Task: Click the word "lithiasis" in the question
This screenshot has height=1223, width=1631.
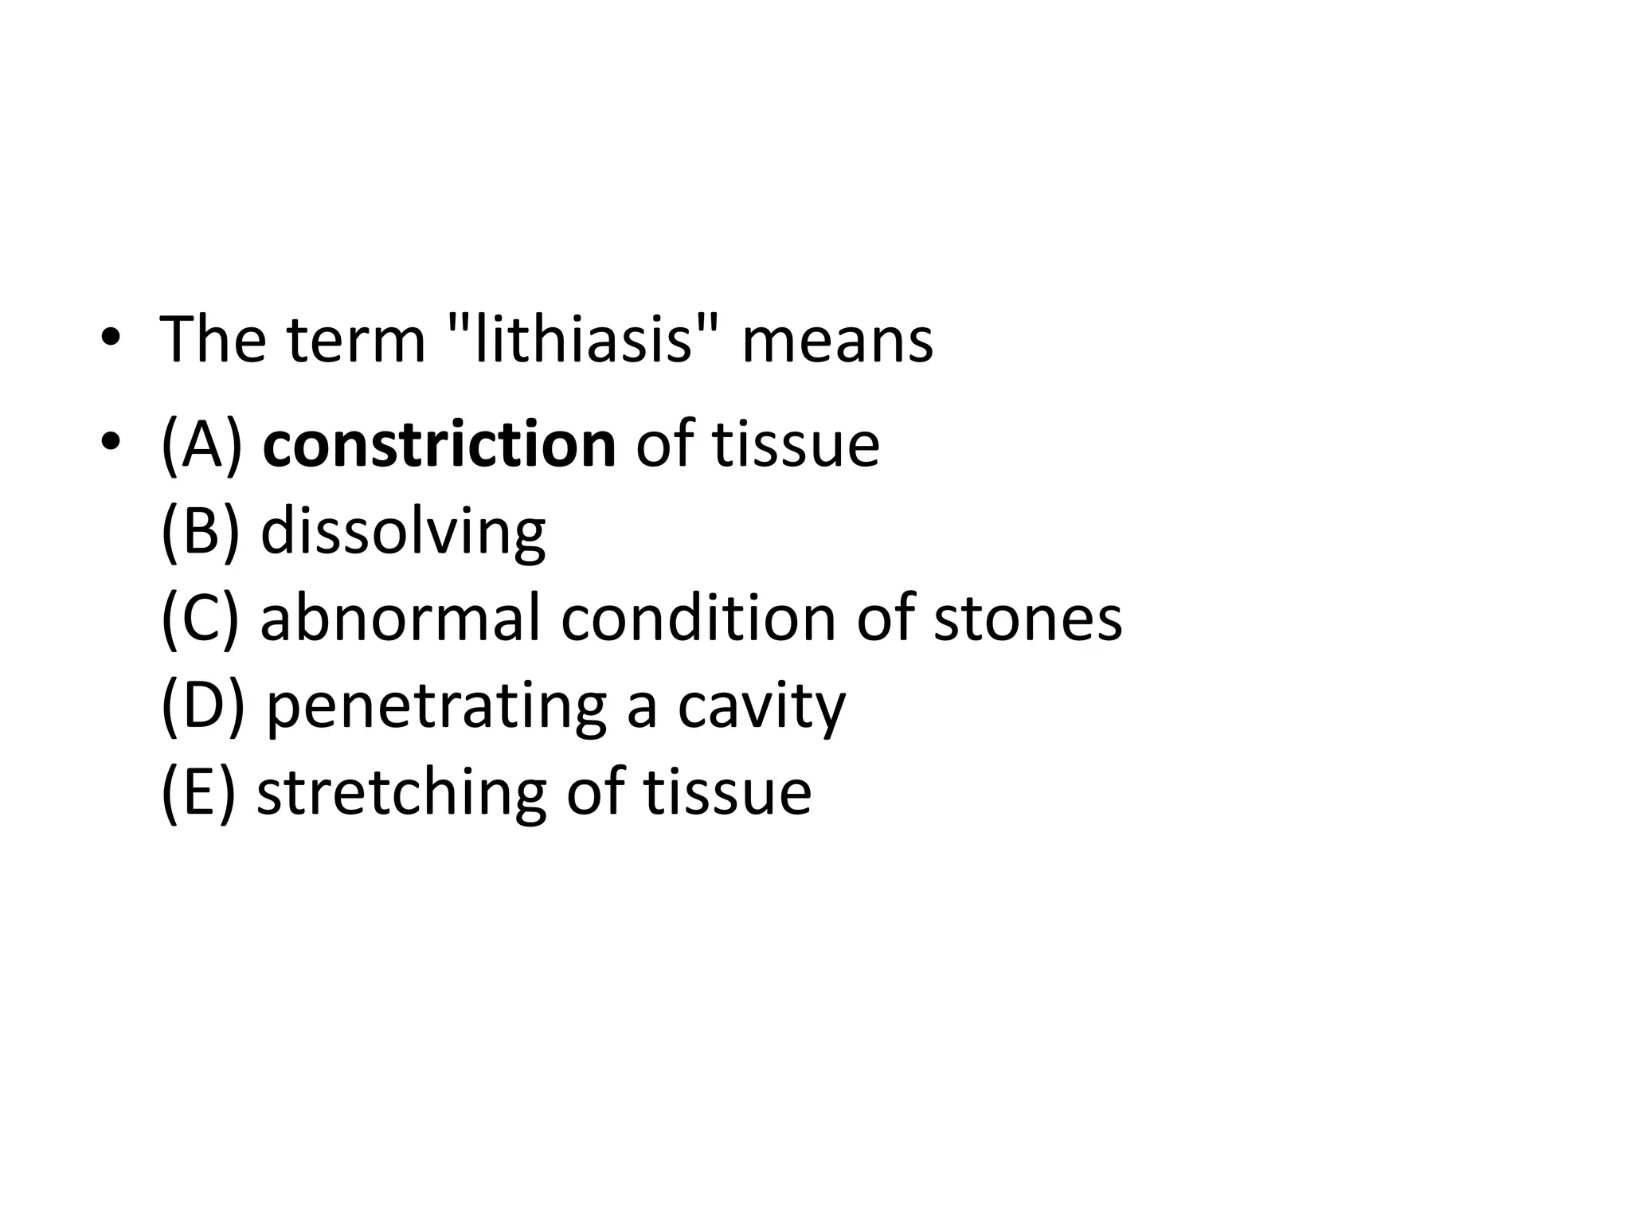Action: [x=583, y=340]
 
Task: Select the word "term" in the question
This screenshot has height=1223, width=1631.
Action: [x=356, y=340]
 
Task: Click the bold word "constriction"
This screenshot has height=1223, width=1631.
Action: [x=439, y=444]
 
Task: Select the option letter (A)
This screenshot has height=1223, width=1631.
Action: [x=201, y=444]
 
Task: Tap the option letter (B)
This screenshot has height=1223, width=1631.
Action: [x=200, y=531]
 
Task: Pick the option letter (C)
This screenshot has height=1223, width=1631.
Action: [x=200, y=618]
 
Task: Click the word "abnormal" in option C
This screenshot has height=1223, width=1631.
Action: [x=401, y=618]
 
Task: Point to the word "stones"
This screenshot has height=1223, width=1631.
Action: [x=1027, y=619]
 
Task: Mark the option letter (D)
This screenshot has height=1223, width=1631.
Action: [x=202, y=705]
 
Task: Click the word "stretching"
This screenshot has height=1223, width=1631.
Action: [x=401, y=793]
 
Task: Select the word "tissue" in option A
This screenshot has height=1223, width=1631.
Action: [x=796, y=444]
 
